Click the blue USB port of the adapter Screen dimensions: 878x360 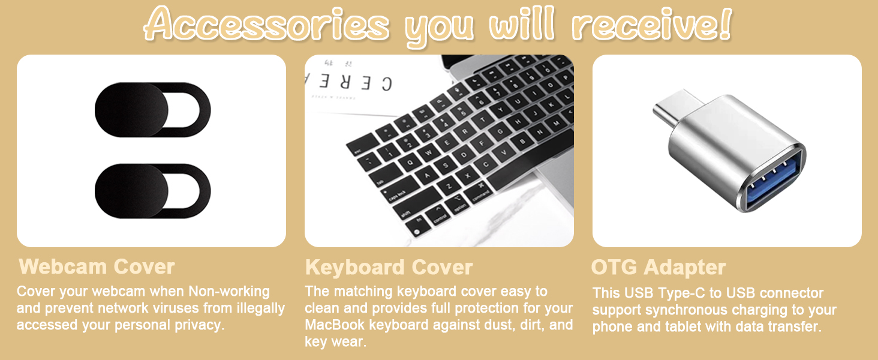(769, 181)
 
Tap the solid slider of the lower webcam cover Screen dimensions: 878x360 (132, 191)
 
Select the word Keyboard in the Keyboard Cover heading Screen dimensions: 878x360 (355, 268)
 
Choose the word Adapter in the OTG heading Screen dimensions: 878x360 (685, 268)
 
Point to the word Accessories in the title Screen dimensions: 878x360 (267, 25)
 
